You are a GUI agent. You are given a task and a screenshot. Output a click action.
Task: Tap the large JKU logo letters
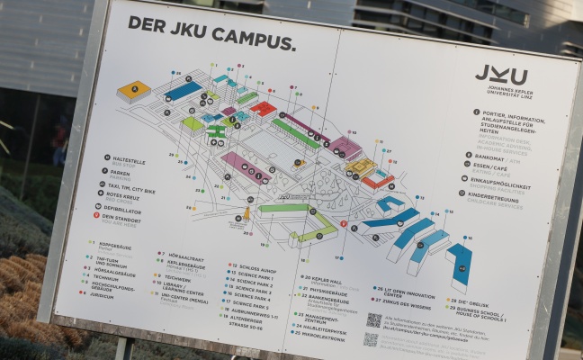tap(500, 75)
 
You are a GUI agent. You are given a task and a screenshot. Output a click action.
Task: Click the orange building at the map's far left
tap(135, 89)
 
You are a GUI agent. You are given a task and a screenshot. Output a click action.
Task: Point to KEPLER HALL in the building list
tap(327, 281)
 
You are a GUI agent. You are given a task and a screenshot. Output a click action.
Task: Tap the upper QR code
tap(374, 319)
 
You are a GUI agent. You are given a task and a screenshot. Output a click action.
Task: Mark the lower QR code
tap(371, 339)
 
